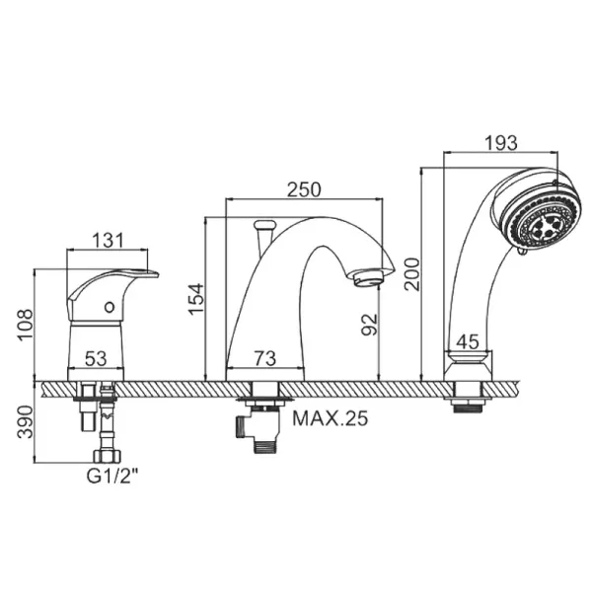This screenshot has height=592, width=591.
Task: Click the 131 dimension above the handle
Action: coord(108,240)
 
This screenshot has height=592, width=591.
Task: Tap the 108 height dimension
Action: coord(26,325)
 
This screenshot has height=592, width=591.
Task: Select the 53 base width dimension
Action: coord(96,358)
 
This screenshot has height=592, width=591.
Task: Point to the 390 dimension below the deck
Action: coord(26,421)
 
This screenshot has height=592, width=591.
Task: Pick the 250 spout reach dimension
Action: coord(304,189)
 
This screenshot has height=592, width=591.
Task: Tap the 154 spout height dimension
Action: coord(196,299)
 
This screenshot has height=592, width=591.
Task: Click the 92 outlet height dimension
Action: coord(369,325)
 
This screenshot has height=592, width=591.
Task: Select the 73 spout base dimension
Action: coord(265,358)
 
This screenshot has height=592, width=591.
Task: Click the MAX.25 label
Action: coord(331,418)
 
